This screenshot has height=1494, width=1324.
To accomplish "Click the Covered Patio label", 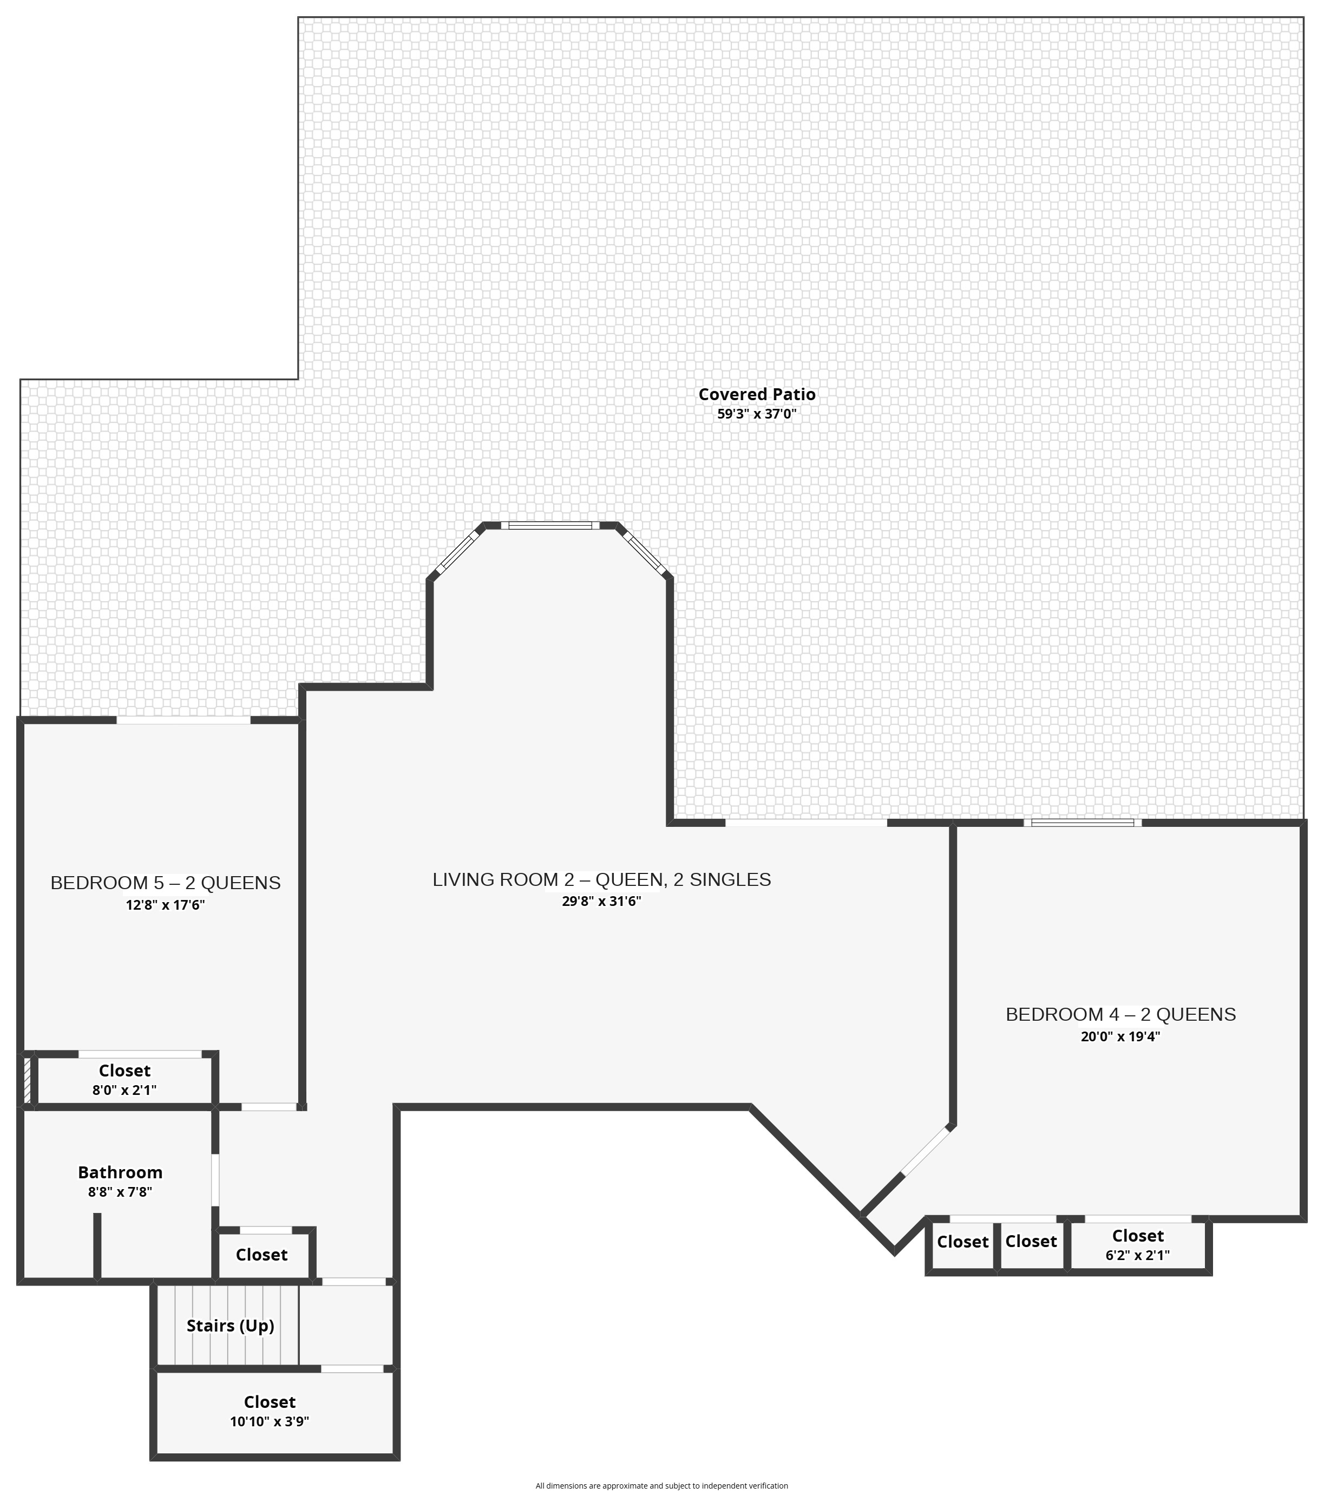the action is pyautogui.click(x=756, y=394).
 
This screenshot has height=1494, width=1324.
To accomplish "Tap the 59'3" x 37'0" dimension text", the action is pyautogui.click(x=756, y=414).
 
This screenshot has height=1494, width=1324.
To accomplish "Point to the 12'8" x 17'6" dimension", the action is pyautogui.click(x=165, y=905).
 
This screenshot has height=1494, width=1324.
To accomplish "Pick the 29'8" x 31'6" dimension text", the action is pyautogui.click(x=601, y=901).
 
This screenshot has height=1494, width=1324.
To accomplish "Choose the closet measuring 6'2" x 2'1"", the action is pyautogui.click(x=1138, y=1245).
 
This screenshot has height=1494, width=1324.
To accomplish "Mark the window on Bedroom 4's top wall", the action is pyautogui.click(x=1082, y=823).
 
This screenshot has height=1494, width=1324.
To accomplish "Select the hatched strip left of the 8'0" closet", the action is pyautogui.click(x=27, y=1080).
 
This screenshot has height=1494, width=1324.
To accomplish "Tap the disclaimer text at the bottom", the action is pyautogui.click(x=662, y=1485).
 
